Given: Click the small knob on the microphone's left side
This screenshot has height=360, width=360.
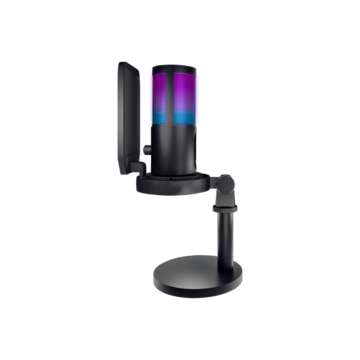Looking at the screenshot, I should [x=147, y=148].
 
